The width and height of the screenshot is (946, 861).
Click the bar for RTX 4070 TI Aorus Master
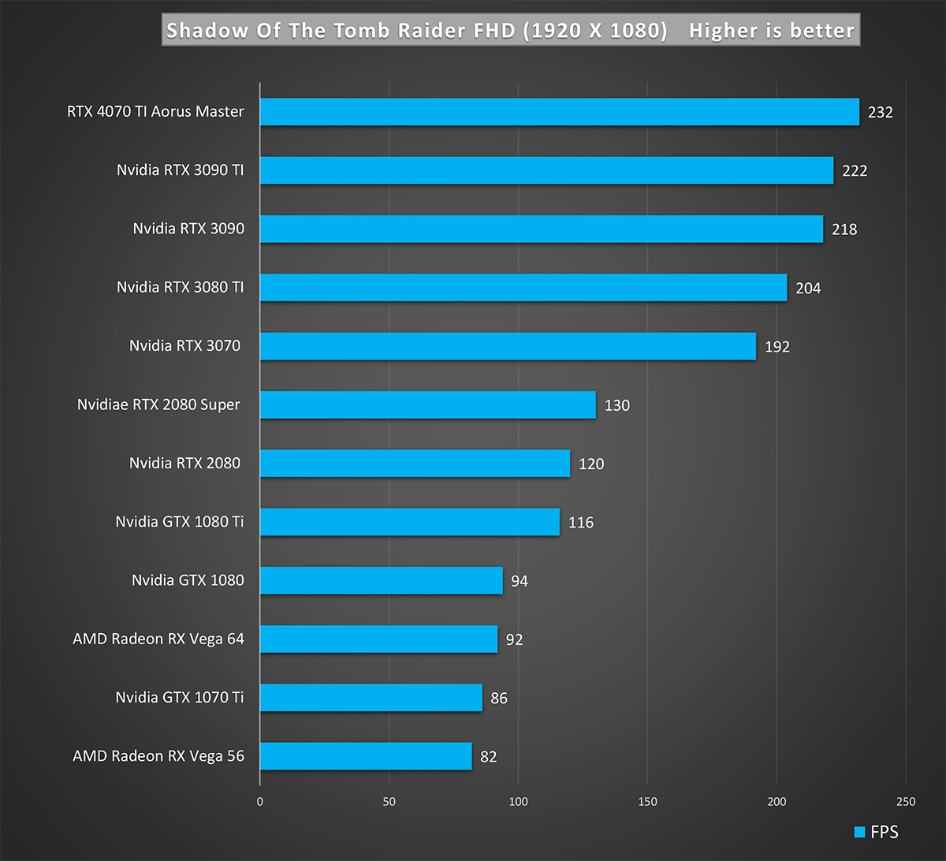(x=559, y=112)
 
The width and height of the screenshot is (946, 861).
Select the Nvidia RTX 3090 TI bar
(x=546, y=170)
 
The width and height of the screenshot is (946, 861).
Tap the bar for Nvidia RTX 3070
(x=508, y=346)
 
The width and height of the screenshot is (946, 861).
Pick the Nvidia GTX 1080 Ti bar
(x=409, y=522)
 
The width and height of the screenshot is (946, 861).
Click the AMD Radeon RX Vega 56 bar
(x=366, y=756)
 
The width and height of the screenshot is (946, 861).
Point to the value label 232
(x=880, y=112)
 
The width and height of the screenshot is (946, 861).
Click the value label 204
(x=808, y=288)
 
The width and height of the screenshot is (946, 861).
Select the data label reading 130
(x=617, y=405)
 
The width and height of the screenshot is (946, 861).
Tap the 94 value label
(x=519, y=581)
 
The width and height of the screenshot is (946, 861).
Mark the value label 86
(x=498, y=698)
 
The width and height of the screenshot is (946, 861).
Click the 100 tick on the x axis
(x=518, y=802)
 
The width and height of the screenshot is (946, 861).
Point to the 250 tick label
(x=906, y=802)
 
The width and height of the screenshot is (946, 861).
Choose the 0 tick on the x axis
(x=260, y=802)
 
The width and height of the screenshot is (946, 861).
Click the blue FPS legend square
(x=860, y=832)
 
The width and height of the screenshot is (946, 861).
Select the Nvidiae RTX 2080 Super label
(x=158, y=404)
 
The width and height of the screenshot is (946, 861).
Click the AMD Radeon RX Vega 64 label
(x=158, y=639)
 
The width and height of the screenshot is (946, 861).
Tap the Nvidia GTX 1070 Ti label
(x=180, y=697)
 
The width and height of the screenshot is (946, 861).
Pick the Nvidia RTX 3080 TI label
(x=181, y=287)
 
